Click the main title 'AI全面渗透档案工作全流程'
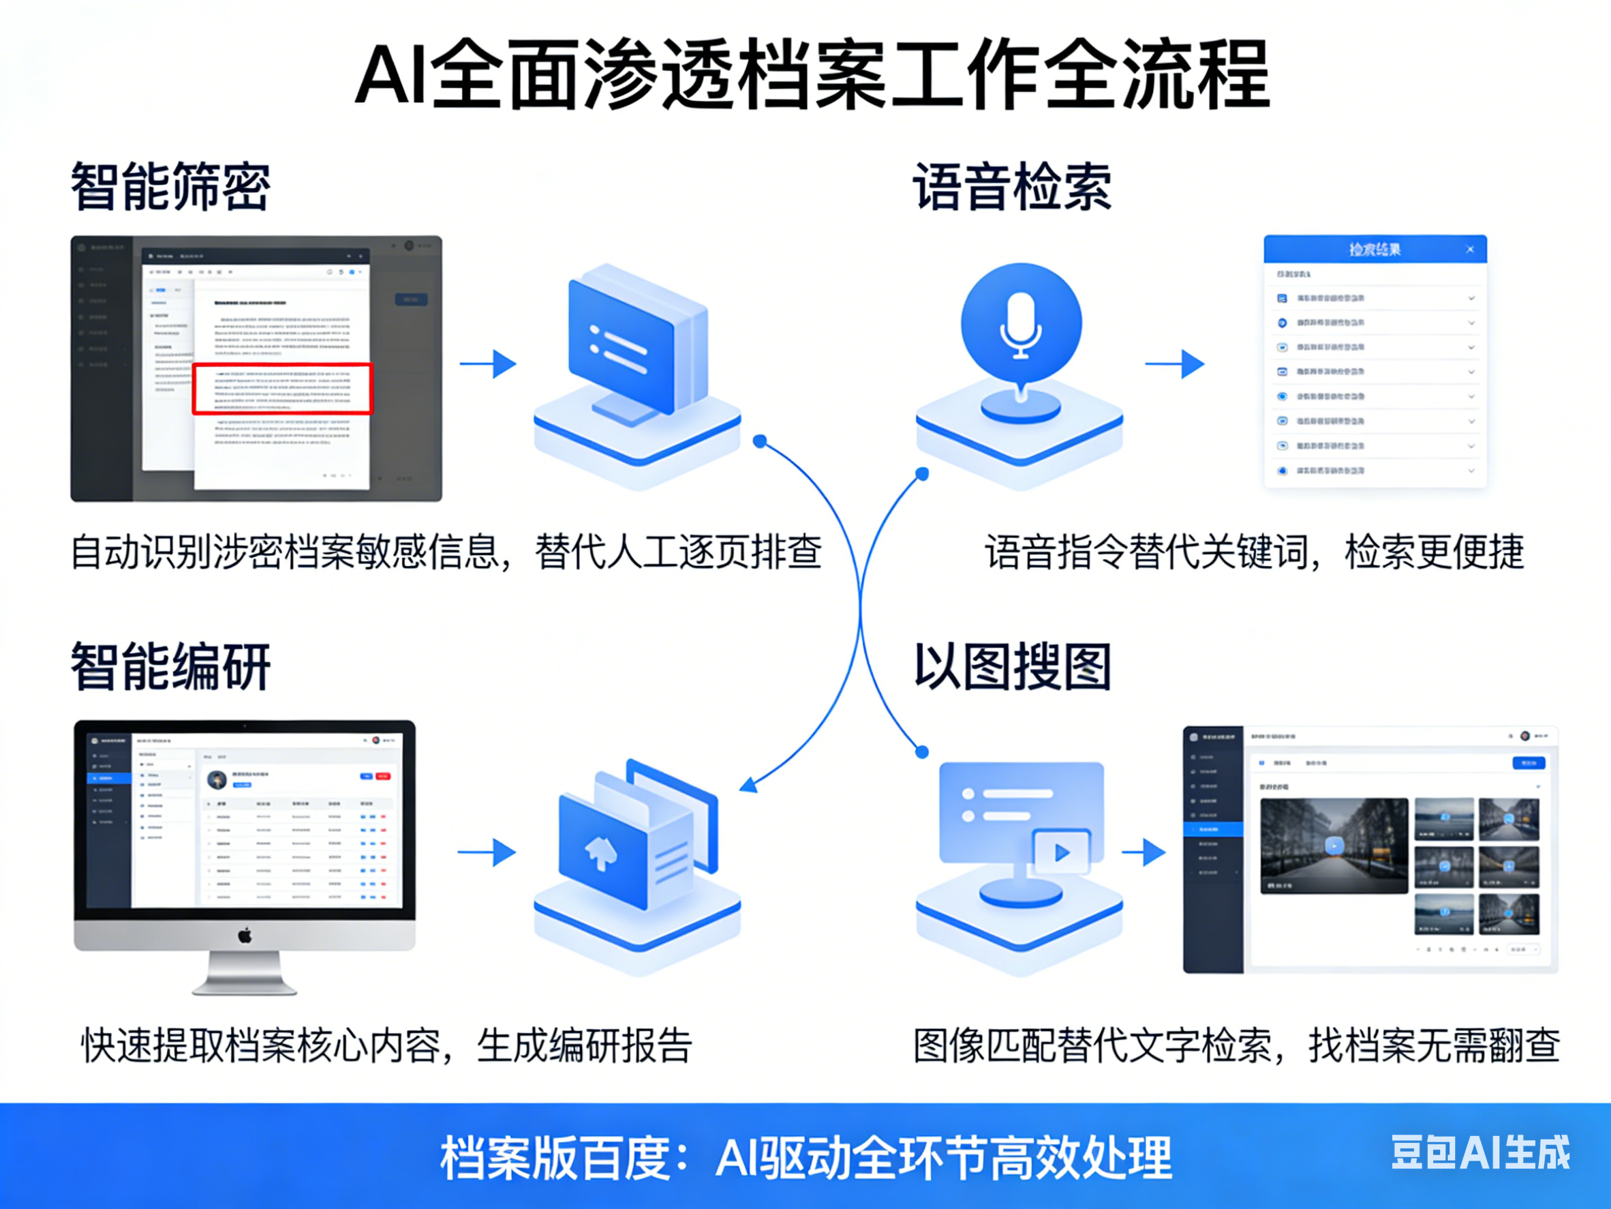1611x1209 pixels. click(x=812, y=76)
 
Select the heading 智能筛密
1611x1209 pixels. click(x=170, y=188)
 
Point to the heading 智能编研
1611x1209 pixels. click(x=170, y=666)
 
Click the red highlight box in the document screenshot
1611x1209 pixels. click(x=283, y=389)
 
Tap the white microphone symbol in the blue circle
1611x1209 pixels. click(x=1020, y=325)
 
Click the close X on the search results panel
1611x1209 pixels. click(x=1470, y=250)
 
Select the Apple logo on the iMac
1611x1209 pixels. click(x=245, y=935)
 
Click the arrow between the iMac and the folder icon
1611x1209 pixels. click(x=487, y=852)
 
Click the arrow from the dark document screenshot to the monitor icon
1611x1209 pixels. click(x=488, y=363)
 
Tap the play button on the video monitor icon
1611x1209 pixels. click(x=1062, y=852)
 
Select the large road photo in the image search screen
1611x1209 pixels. click(x=1334, y=846)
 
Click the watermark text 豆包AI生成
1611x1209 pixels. click(x=1481, y=1153)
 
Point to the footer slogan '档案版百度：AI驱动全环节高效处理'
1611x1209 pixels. click(x=805, y=1158)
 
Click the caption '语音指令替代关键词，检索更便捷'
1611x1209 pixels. click(x=1254, y=552)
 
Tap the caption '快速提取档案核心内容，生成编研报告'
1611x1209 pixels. click(x=386, y=1046)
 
